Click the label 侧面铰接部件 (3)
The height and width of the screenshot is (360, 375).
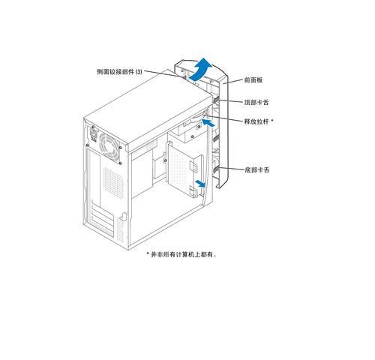(x=119, y=72)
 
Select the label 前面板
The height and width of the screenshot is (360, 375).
(x=253, y=80)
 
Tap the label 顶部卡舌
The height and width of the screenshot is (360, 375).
(x=256, y=102)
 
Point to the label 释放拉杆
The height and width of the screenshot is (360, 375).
(x=256, y=121)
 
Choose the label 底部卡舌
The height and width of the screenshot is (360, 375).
(x=256, y=170)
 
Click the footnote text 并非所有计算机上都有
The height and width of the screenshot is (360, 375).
(x=183, y=254)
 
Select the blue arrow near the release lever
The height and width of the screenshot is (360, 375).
(x=208, y=123)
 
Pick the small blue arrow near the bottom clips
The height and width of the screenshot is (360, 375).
(x=200, y=184)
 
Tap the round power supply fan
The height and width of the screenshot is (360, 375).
(x=109, y=148)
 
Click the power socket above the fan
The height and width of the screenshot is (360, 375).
(x=93, y=134)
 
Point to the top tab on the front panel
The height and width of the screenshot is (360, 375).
(x=215, y=100)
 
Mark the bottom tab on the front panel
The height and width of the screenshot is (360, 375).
(x=215, y=169)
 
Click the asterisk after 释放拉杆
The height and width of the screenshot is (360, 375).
(x=272, y=120)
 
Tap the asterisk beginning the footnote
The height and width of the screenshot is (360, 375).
(x=148, y=253)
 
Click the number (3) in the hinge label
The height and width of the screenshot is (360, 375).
(x=139, y=72)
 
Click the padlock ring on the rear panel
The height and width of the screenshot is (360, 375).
(x=124, y=217)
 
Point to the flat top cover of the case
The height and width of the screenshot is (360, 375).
(x=148, y=110)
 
